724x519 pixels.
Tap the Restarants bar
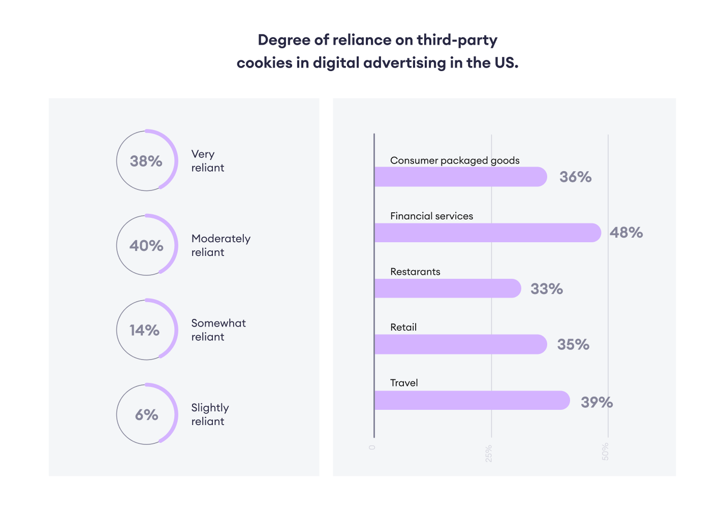[x=447, y=288]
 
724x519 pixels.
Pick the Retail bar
[x=460, y=344]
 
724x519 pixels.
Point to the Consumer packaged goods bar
[x=460, y=177]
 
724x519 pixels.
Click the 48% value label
[x=626, y=233]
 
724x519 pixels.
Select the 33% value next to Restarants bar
[x=547, y=289]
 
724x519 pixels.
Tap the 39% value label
[x=596, y=402]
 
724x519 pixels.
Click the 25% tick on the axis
[x=489, y=453]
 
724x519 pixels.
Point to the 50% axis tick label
[x=605, y=451]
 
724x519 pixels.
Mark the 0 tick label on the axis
[x=372, y=447]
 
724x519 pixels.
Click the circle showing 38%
[x=147, y=161]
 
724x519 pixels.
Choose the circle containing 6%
[x=147, y=414]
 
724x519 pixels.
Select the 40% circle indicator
[x=147, y=245]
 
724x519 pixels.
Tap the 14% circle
[x=147, y=330]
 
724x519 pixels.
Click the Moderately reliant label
[x=221, y=245]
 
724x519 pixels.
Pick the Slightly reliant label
[x=210, y=414]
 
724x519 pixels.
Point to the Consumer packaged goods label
[x=455, y=160]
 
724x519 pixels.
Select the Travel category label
[x=404, y=383]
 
